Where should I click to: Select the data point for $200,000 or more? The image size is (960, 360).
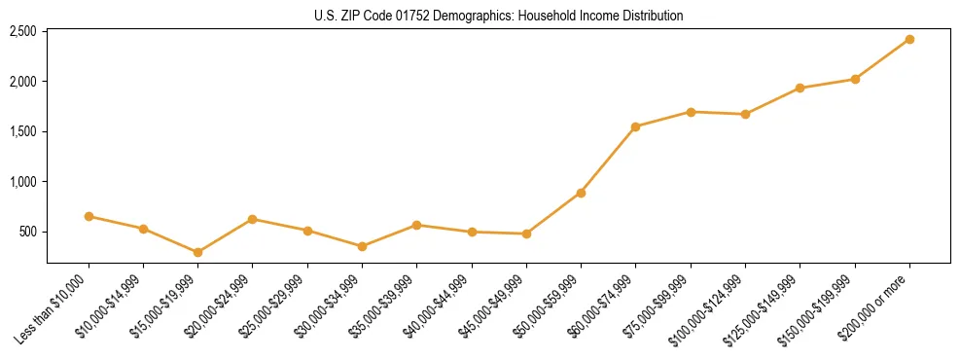(x=909, y=39)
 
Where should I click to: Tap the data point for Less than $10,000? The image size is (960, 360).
(x=89, y=216)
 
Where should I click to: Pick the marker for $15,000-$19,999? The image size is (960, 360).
(x=198, y=252)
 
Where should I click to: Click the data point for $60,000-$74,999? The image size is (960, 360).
(x=636, y=126)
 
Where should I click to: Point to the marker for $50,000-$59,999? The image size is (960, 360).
(x=581, y=193)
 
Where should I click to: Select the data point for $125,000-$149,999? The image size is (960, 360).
(x=800, y=88)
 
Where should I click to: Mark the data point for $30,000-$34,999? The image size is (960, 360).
(x=362, y=246)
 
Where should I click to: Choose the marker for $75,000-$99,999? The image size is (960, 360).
(x=691, y=112)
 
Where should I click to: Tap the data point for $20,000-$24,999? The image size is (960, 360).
(x=253, y=219)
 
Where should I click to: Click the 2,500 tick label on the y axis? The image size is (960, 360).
(x=22, y=31)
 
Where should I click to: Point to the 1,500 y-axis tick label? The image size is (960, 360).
(x=22, y=131)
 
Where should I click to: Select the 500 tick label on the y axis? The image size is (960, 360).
(x=27, y=232)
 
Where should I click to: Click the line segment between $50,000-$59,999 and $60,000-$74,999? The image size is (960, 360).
(x=608, y=160)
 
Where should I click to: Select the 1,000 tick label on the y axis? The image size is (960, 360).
(x=22, y=182)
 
